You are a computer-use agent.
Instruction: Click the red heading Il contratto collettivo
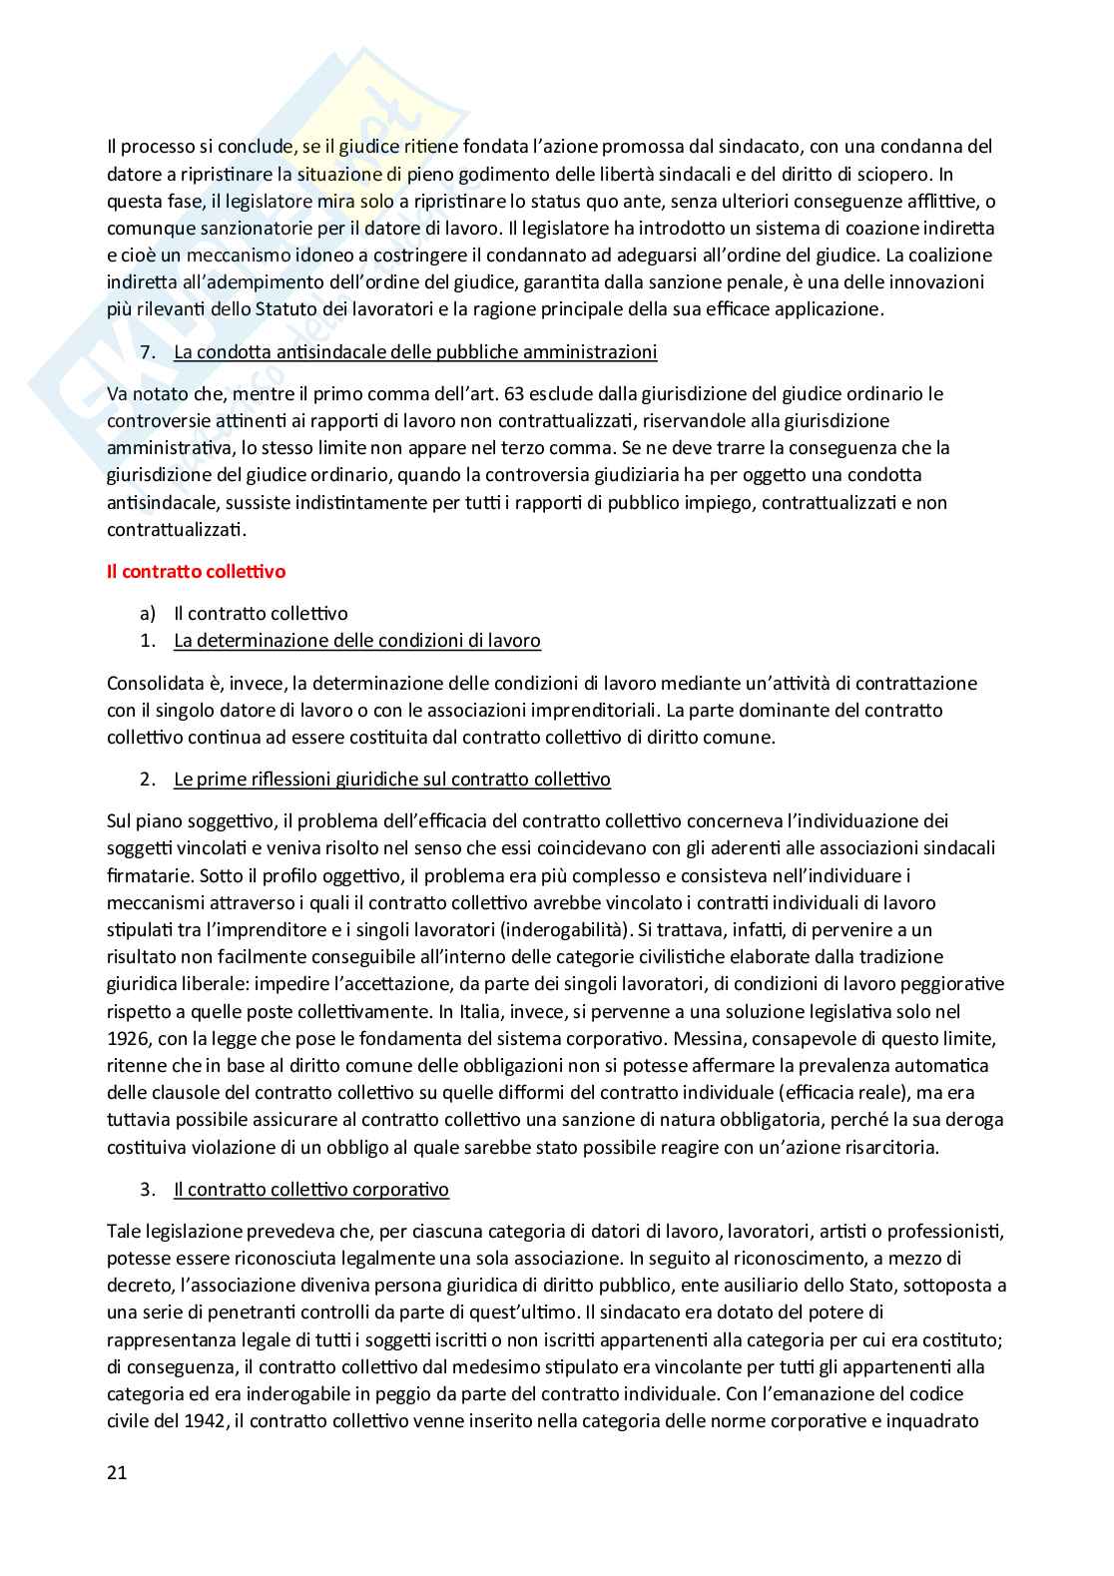click(196, 572)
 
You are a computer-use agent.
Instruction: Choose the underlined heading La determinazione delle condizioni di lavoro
click(357, 641)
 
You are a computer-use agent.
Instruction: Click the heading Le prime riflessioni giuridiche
click(392, 779)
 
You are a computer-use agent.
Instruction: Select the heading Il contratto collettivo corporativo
click(311, 1190)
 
